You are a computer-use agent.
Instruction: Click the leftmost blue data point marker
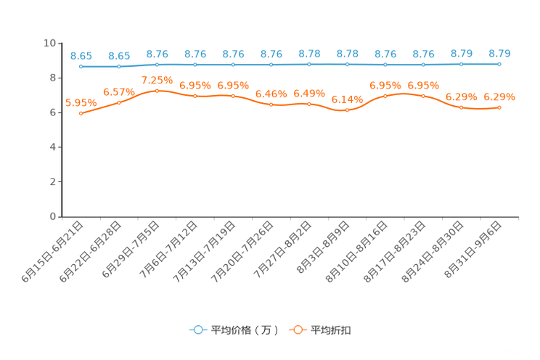pos(81,67)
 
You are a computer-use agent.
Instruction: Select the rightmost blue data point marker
pos(499,64)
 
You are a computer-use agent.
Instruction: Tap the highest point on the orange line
pos(157,91)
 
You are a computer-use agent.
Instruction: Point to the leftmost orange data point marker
pos(81,114)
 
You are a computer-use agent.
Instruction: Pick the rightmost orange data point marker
pos(499,108)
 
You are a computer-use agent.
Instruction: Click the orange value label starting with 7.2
pos(157,80)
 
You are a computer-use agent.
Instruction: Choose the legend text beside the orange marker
pos(332,330)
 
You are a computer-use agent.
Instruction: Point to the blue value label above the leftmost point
pos(81,56)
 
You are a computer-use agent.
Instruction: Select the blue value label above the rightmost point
pos(499,53)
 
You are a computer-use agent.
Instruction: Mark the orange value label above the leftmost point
pos(80,103)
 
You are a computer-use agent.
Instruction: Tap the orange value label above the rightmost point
pos(499,97)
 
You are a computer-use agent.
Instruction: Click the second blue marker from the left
pos(119,67)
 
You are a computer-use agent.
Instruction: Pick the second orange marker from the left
pos(119,103)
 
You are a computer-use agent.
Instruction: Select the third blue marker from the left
pos(157,65)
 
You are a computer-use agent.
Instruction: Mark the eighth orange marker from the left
pos(348,111)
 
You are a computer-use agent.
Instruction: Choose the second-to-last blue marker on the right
pos(461,64)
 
